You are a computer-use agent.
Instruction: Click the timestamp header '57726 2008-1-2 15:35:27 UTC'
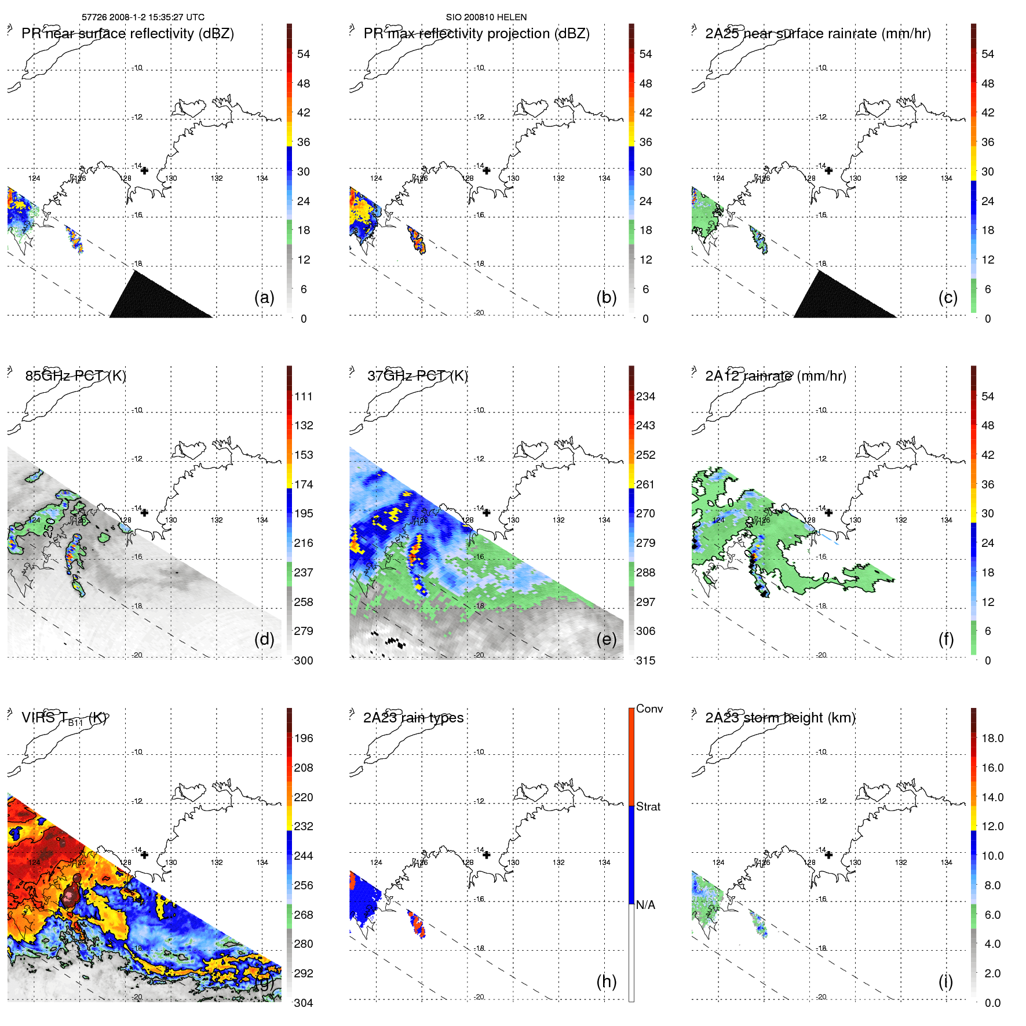click(x=143, y=17)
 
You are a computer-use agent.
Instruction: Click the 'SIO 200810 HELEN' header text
click(x=486, y=17)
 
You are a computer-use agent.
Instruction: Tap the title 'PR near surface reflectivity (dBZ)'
click(x=127, y=34)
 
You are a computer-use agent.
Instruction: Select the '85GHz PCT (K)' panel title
click(x=75, y=376)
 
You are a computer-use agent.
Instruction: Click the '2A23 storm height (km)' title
click(x=780, y=718)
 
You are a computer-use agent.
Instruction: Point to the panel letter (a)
click(x=264, y=297)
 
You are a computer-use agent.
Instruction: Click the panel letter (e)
click(x=607, y=639)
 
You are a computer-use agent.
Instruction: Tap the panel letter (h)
click(x=607, y=981)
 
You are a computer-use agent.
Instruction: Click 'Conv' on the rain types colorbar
click(x=649, y=709)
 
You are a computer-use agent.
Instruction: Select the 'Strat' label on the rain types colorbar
click(x=648, y=807)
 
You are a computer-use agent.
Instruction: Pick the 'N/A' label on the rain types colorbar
click(x=645, y=905)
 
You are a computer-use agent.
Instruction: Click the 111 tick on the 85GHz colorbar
click(x=304, y=397)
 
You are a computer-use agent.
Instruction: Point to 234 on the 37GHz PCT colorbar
click(x=645, y=397)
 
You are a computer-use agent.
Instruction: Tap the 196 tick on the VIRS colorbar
click(x=304, y=739)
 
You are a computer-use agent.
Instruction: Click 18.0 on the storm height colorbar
click(x=992, y=739)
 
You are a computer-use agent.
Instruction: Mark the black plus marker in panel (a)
click(x=144, y=170)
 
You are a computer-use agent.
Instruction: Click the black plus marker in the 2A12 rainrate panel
click(x=828, y=513)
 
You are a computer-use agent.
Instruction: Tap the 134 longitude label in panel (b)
click(x=604, y=178)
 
